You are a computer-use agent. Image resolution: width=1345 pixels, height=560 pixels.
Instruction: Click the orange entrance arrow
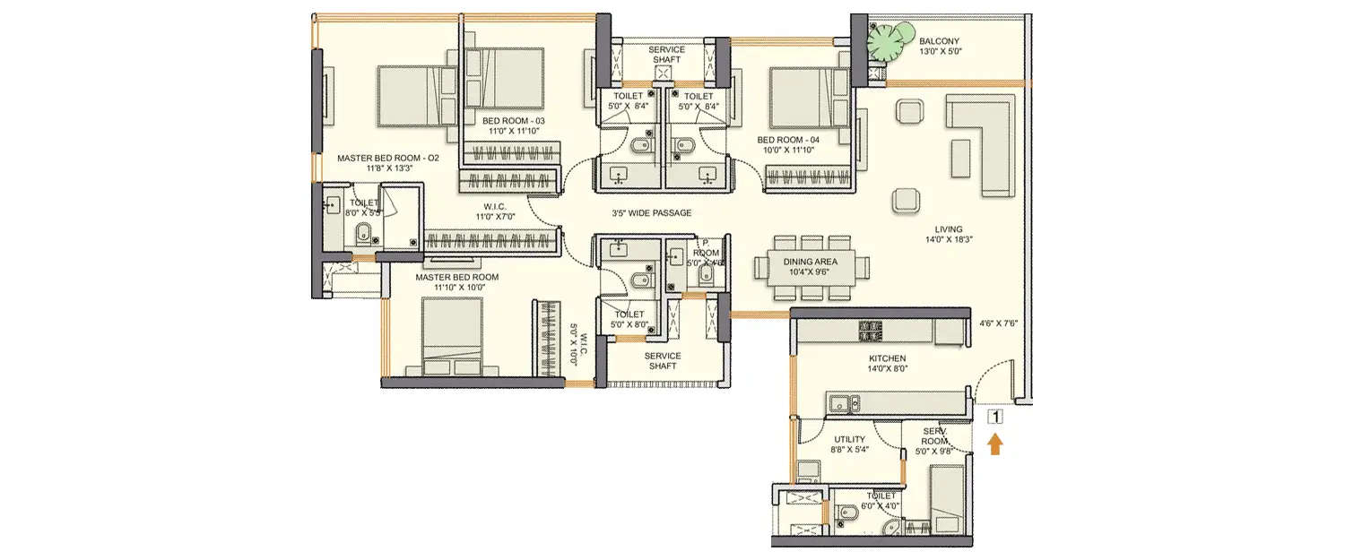pos(995,444)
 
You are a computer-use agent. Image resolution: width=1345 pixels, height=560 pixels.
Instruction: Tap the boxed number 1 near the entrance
pos(994,416)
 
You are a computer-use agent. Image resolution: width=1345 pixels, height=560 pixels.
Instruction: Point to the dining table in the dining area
pos(812,267)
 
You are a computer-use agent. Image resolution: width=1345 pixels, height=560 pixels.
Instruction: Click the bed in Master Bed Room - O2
pos(409,97)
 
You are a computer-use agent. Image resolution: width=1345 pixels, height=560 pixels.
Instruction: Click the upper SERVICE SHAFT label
pos(667,55)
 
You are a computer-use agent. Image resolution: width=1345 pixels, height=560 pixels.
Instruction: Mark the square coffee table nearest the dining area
pos(906,199)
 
